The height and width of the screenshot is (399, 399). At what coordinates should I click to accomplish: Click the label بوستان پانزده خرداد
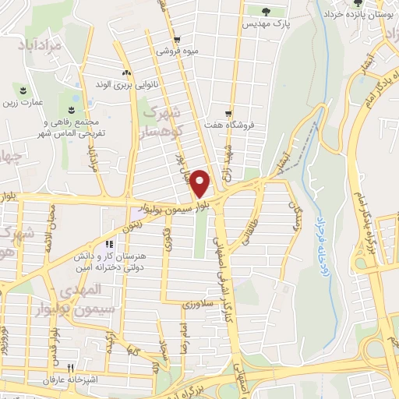tap(358, 16)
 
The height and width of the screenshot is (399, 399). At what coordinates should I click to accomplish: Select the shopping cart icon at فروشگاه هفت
tap(228, 113)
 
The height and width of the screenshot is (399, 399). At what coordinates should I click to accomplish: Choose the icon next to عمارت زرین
tap(23, 90)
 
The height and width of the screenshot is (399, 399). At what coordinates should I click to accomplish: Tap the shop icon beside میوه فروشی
tap(178, 38)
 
